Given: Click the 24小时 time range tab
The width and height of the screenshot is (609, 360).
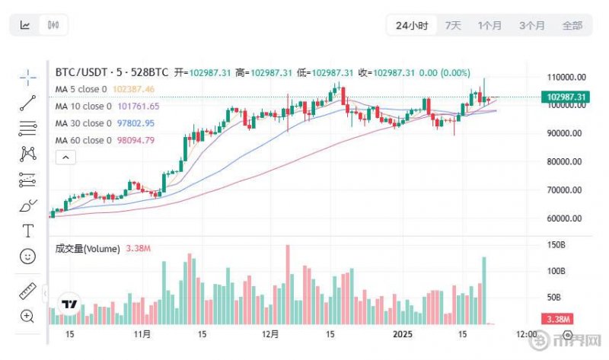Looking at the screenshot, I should point(412,25).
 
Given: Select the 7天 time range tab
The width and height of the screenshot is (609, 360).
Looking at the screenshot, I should point(453,25).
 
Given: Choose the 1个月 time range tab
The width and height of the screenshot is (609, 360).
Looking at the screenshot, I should point(489,25).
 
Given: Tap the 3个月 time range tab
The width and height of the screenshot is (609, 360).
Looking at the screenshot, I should point(531,25).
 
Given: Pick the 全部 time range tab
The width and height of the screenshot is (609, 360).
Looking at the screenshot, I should point(572,25).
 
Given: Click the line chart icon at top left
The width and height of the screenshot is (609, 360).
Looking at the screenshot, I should point(25,25).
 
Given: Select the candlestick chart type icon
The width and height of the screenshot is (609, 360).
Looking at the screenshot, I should point(53,25).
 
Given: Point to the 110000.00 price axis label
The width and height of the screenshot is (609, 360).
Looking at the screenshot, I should point(566,77).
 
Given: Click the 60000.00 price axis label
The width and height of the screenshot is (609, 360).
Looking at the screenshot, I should point(566,218).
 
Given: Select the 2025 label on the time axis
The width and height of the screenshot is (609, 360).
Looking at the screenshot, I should point(402,334).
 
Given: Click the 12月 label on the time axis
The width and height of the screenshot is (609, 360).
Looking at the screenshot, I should point(269,334).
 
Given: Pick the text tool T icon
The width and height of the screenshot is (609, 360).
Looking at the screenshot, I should point(28,231).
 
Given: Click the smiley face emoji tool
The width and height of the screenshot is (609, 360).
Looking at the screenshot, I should point(28,256).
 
